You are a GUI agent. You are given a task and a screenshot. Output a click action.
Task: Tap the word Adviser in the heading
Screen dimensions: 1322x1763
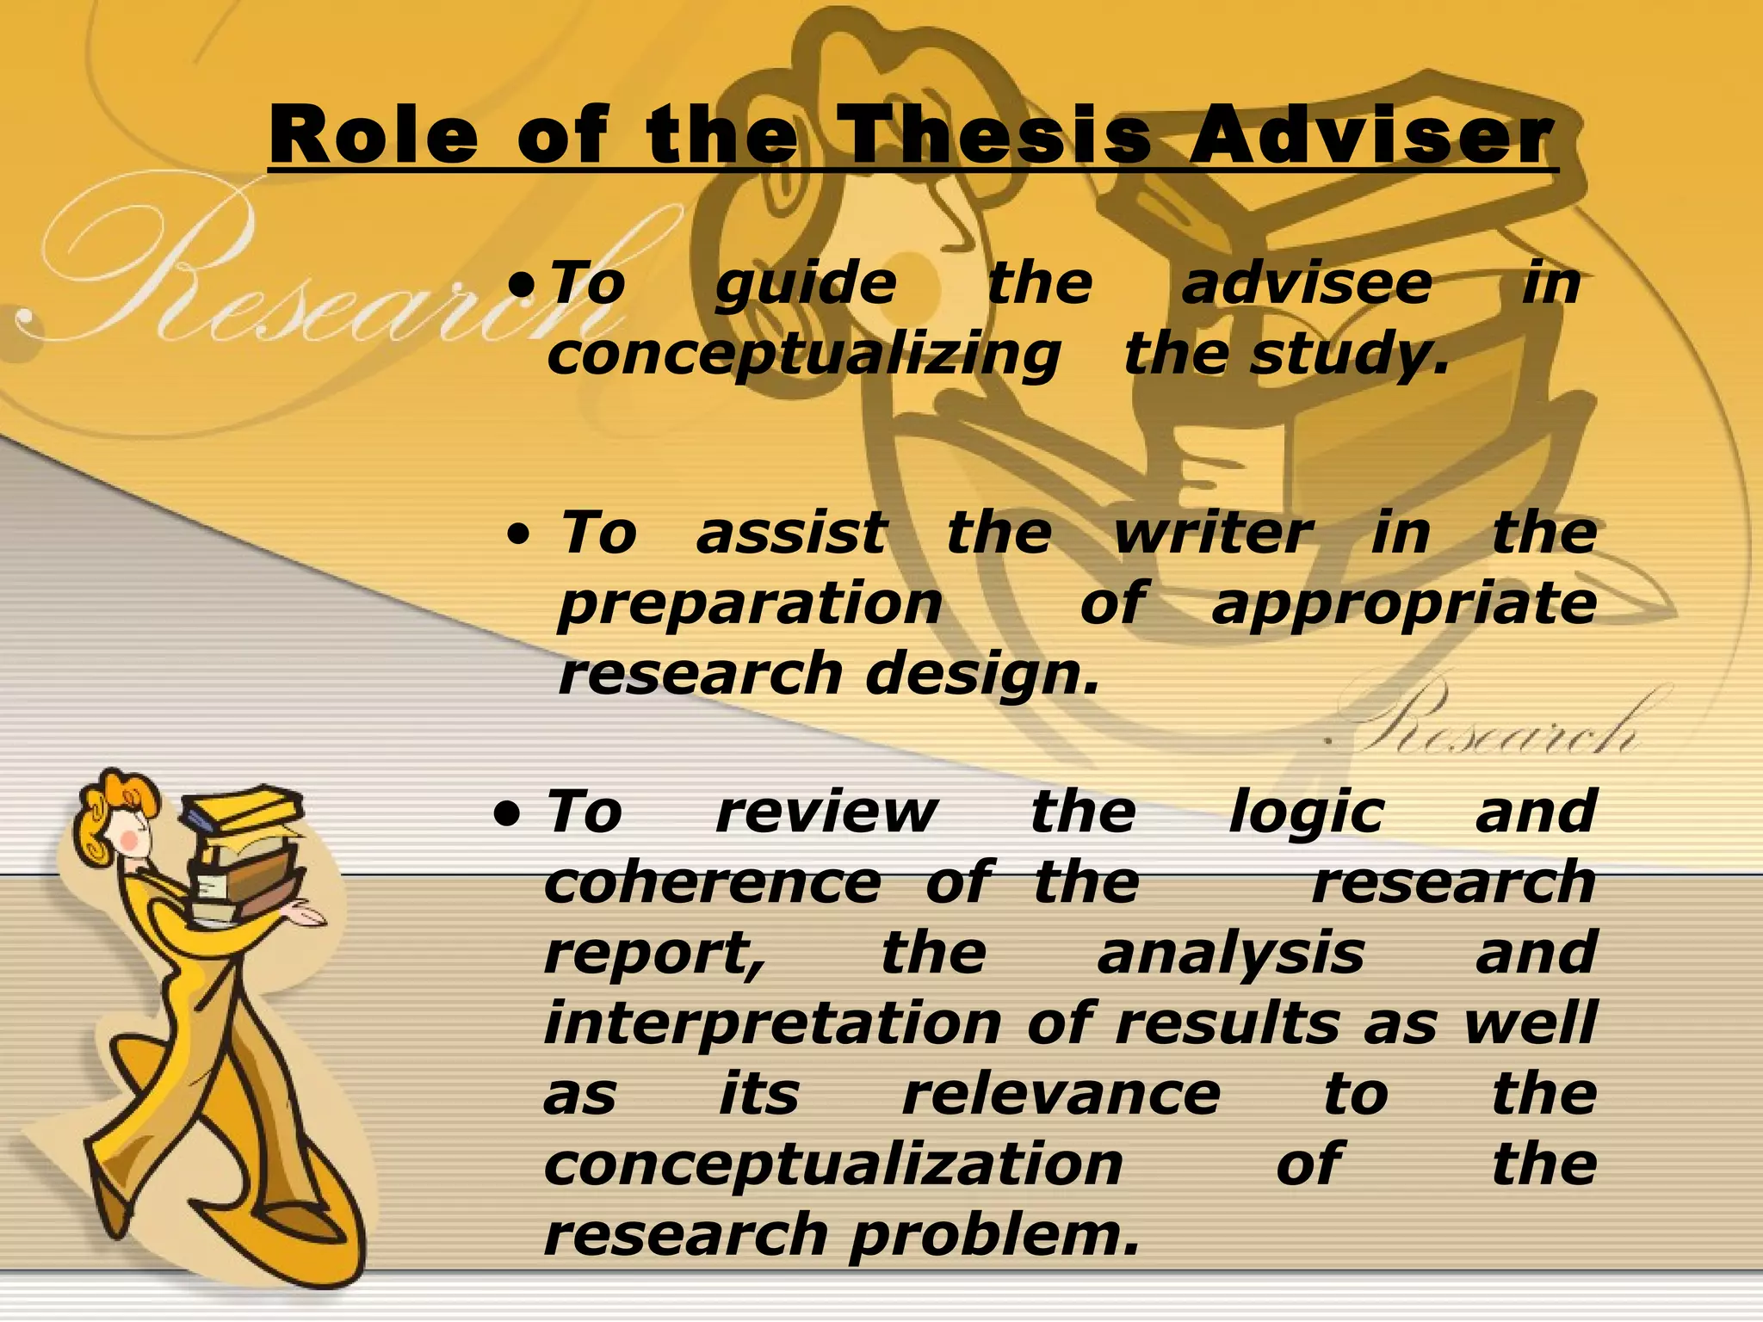[x=1372, y=136]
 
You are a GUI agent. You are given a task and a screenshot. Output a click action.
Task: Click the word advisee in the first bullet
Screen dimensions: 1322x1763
[x=1307, y=283]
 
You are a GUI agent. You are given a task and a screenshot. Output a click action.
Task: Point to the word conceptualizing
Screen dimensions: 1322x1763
[x=804, y=355]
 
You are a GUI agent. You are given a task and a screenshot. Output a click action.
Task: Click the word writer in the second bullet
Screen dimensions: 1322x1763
[x=1214, y=533]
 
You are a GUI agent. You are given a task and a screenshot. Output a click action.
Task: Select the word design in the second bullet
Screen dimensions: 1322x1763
[x=981, y=675]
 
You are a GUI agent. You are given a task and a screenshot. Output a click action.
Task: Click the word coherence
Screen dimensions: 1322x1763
[x=713, y=882]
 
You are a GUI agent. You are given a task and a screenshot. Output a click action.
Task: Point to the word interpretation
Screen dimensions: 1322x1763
[x=772, y=1024]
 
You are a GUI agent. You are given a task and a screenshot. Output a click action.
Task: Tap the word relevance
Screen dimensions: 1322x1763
[x=1061, y=1094]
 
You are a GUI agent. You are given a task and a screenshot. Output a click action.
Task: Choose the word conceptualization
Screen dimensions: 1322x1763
[x=833, y=1164]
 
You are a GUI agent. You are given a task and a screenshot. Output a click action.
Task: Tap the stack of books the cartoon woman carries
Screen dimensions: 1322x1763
[x=245, y=852]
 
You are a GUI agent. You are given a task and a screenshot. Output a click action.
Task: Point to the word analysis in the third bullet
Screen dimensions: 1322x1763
[x=1231, y=954]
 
